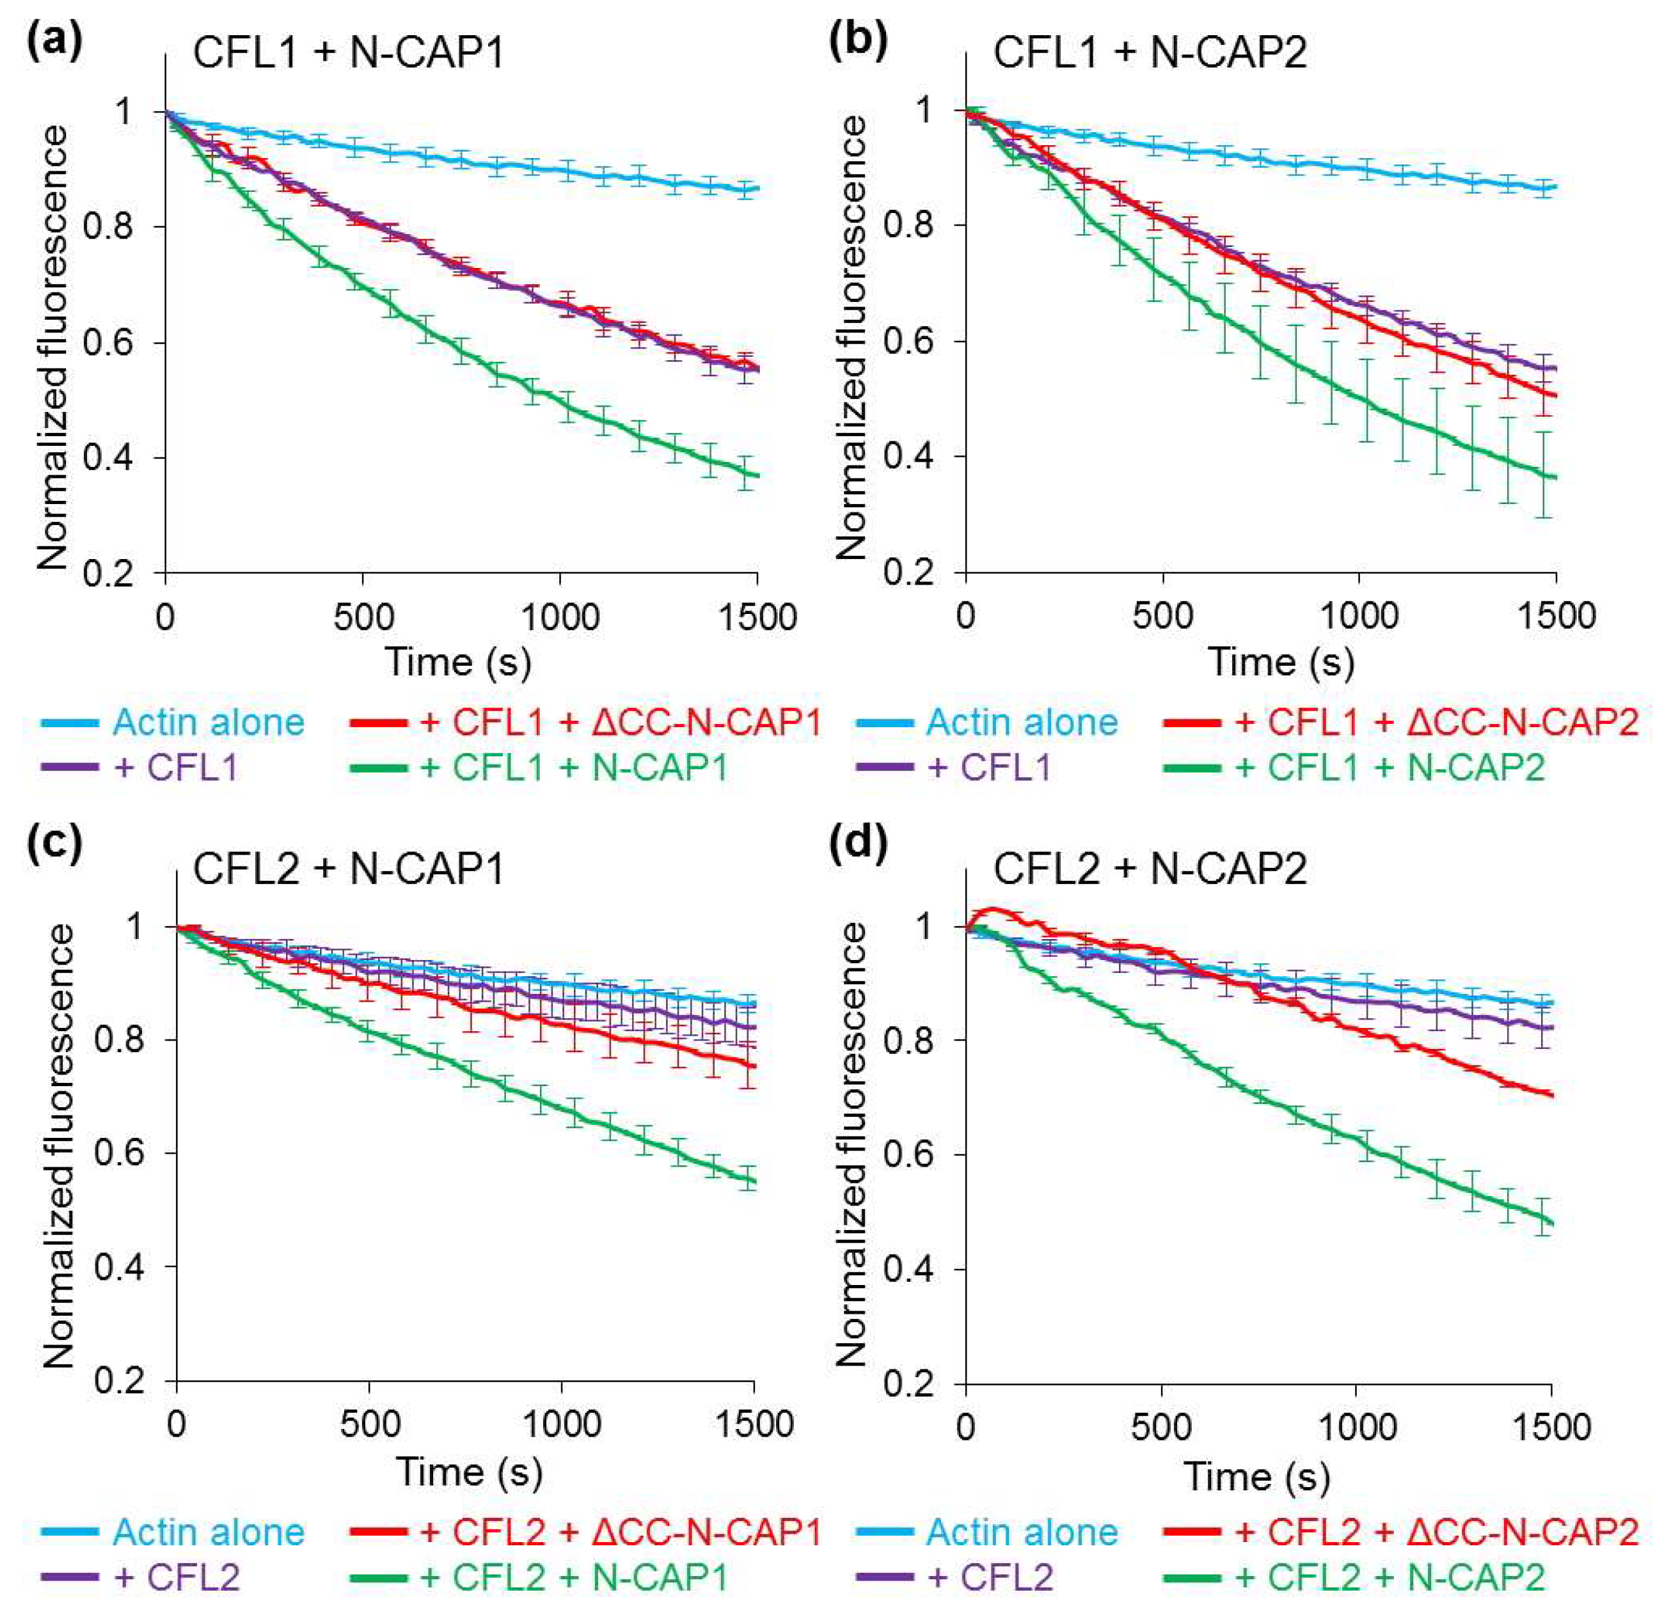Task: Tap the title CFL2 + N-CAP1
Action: [348, 868]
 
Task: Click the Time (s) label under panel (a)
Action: [459, 662]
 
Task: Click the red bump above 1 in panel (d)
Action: [994, 910]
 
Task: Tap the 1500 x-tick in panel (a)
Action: [757, 617]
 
